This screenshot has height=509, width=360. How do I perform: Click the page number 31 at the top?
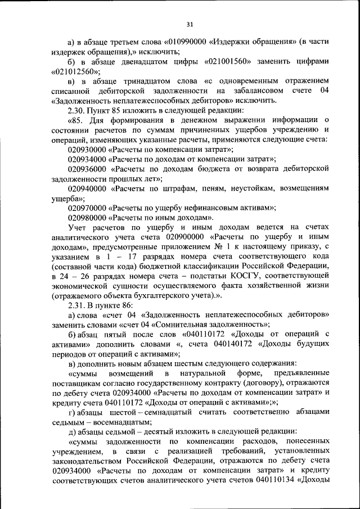click(x=190, y=24)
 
